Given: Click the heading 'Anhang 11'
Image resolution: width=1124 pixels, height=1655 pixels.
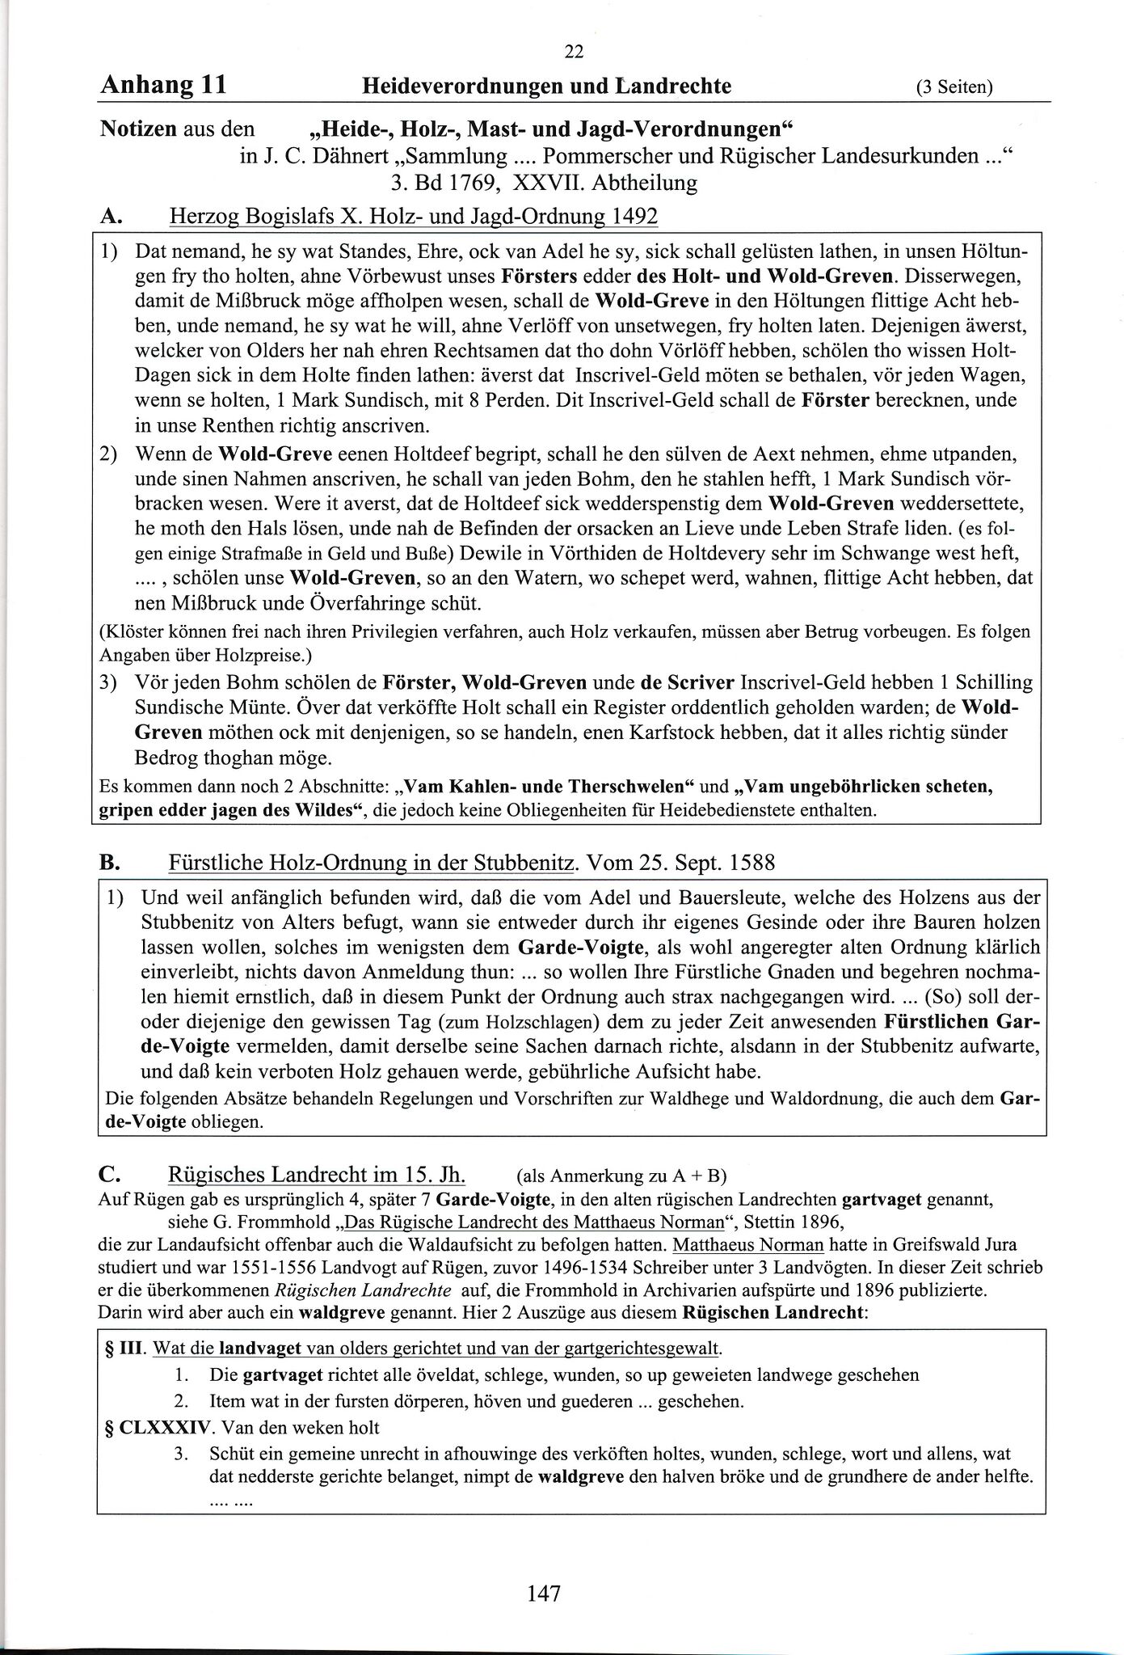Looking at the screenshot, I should click(162, 85).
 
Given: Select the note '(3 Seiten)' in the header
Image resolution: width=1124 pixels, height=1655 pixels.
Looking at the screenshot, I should click(954, 87).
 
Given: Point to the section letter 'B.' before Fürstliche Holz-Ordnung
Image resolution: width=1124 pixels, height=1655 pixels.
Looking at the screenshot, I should click(109, 863).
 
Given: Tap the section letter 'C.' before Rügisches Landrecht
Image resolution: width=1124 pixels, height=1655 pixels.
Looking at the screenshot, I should click(110, 1173).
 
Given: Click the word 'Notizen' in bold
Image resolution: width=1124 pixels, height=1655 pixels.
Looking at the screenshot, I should click(137, 129).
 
